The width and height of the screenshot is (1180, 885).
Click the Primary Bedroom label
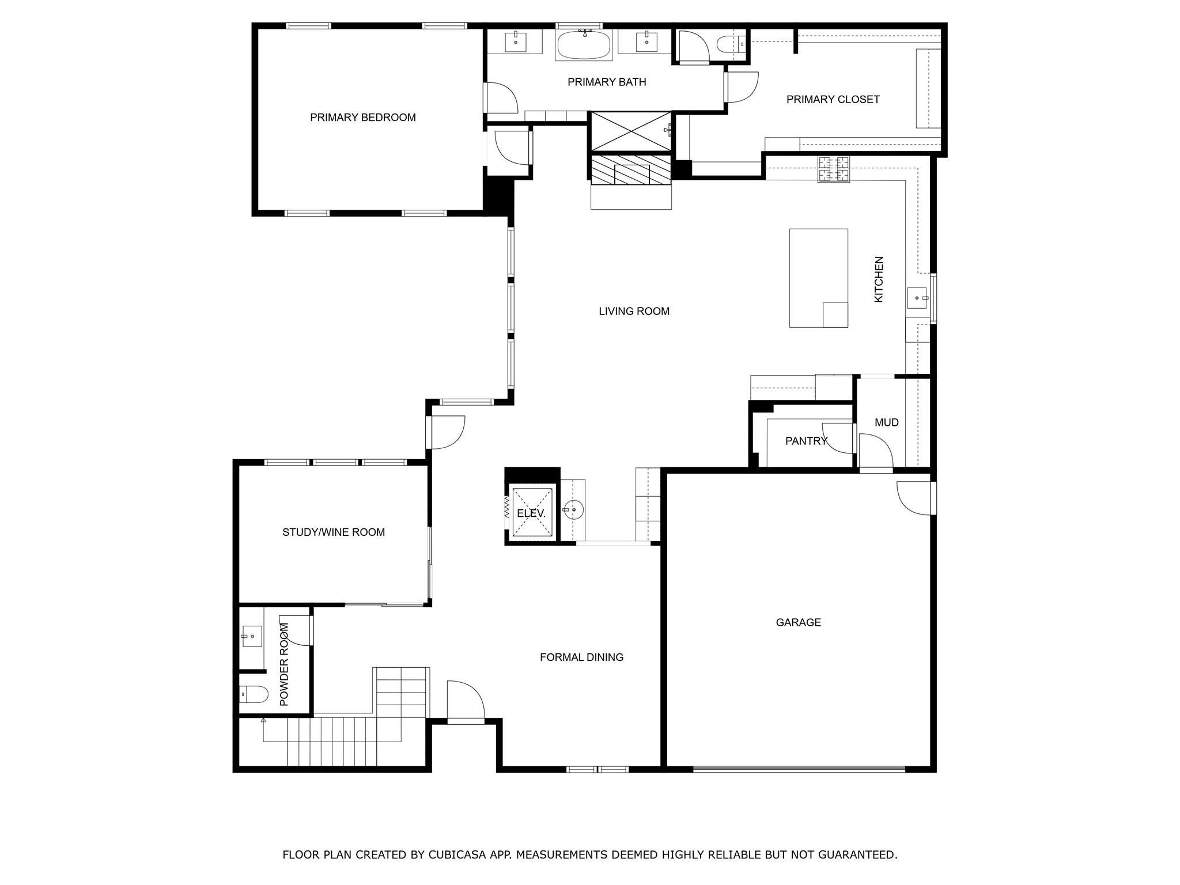pos(363,118)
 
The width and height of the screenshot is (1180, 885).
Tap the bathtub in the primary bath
pos(585,45)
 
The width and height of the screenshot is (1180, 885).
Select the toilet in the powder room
pos(254,695)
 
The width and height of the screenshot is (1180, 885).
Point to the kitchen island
pos(818,278)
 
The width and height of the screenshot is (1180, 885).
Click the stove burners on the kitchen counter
pos(834,169)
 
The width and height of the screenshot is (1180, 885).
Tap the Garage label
pos(799,622)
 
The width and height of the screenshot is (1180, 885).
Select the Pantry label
pos(807,441)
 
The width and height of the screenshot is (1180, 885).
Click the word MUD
pos(887,422)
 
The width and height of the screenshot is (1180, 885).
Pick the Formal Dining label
pos(582,657)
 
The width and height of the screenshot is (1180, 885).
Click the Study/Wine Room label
pos(334,532)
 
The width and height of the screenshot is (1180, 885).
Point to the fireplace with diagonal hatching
pos(631,171)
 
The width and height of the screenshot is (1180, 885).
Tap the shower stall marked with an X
pos(631,132)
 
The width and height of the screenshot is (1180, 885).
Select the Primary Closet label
pos(833,100)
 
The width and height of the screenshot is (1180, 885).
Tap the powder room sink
pos(252,637)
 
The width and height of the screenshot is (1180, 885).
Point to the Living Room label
pos(634,312)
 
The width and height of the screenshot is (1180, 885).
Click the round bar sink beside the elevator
pos(573,510)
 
